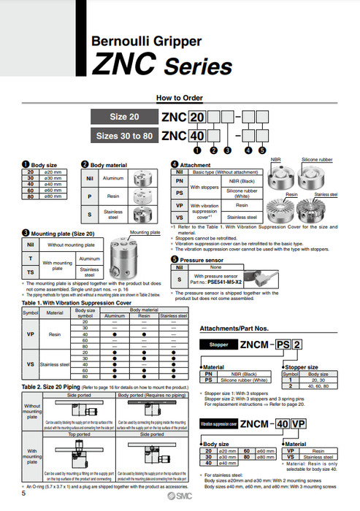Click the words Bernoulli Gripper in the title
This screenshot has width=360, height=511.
[145, 42]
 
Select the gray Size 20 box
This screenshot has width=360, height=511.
[123, 117]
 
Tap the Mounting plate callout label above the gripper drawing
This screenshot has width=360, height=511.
[143, 231]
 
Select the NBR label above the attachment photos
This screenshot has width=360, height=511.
[276, 158]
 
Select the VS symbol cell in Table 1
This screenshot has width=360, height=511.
[30, 363]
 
